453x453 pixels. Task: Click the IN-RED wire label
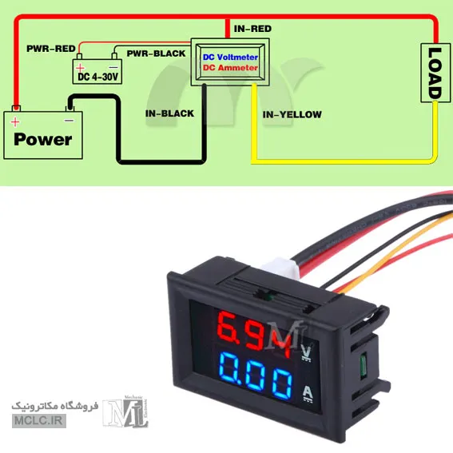pyautogui.click(x=252, y=29)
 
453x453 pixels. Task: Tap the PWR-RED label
pyautogui.click(x=51, y=49)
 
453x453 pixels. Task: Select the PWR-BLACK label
pyautogui.click(x=157, y=54)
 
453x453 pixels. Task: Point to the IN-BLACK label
pyautogui.click(x=169, y=113)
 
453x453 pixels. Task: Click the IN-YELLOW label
pyautogui.click(x=292, y=115)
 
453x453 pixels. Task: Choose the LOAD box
pyautogui.click(x=435, y=73)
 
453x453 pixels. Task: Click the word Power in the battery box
pyautogui.click(x=43, y=140)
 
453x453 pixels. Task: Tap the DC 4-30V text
pyautogui.click(x=98, y=77)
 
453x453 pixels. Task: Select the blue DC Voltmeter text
pyautogui.click(x=230, y=58)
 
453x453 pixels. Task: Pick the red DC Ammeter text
pyautogui.click(x=230, y=68)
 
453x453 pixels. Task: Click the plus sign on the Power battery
pyautogui.click(x=15, y=122)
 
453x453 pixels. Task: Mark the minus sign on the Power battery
pyautogui.click(x=69, y=121)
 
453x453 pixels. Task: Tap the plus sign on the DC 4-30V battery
pyautogui.click(x=80, y=68)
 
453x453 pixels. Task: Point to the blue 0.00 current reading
pyautogui.click(x=256, y=376)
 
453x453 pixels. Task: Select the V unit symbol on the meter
pyautogui.click(x=306, y=352)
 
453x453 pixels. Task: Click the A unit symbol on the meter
pyautogui.click(x=308, y=394)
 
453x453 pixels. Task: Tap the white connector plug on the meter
pyautogui.click(x=281, y=268)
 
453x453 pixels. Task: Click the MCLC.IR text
pyautogui.click(x=38, y=420)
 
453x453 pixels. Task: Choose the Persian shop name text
pyautogui.click(x=55, y=406)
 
